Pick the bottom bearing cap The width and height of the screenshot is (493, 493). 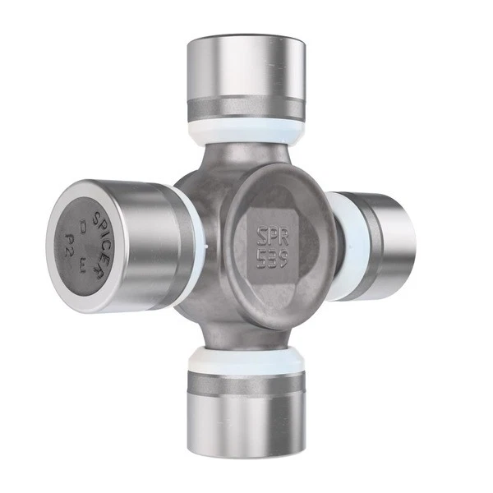pyautogui.click(x=245, y=427)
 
